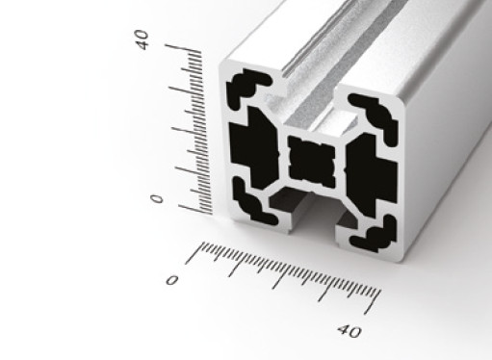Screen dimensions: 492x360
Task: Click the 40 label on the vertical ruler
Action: pos(142,39)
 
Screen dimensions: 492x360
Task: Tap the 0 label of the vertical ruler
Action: pos(157,199)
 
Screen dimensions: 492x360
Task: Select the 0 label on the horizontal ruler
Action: pos(172,280)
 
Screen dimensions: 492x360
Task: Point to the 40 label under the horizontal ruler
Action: pos(350,331)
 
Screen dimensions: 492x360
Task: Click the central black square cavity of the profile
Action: pos(312,162)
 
